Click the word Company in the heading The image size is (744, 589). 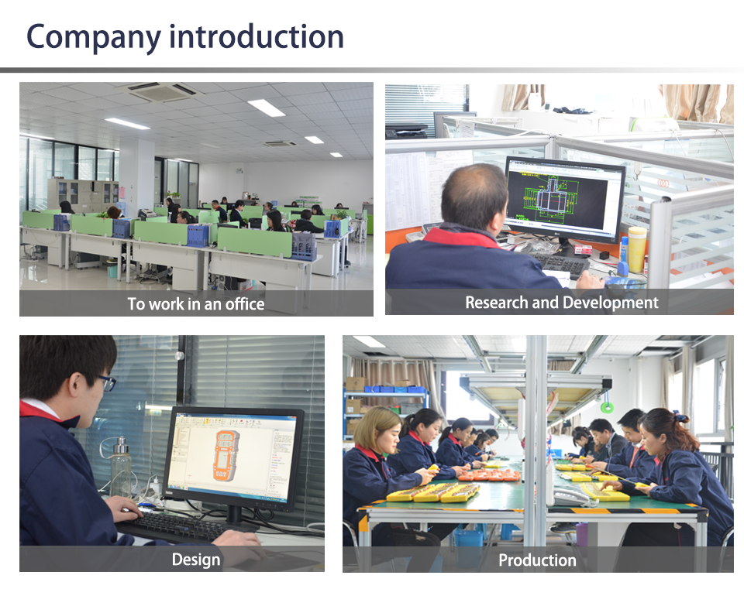coord(94,38)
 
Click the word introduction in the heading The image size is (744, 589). coord(257,36)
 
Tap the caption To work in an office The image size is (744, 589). coord(196,303)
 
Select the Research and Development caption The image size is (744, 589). coord(562,303)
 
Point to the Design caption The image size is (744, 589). coord(196,560)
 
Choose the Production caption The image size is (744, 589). coord(537,560)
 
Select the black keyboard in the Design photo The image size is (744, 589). coord(176,527)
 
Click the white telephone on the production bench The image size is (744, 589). coord(571,497)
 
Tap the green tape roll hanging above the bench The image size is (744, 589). coord(606,406)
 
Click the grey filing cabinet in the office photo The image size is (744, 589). coord(83,195)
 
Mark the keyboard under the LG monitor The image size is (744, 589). coord(560,265)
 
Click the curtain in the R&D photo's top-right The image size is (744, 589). coord(698,102)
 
